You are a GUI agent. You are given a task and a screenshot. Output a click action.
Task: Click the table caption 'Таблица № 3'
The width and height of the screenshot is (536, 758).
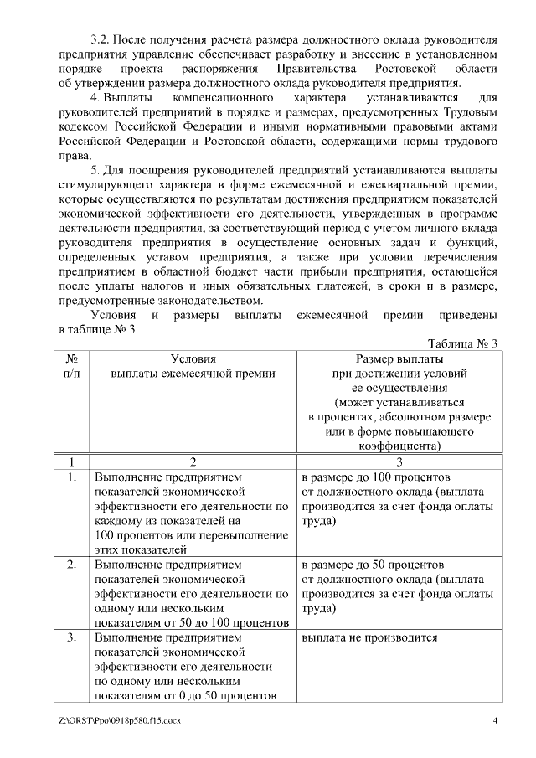[462, 344]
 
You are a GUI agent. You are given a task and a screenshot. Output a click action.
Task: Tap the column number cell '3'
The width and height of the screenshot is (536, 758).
[399, 462]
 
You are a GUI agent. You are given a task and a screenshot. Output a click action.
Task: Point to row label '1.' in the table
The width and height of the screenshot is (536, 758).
[72, 477]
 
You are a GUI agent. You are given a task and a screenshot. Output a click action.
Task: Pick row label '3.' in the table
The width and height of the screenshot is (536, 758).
[72, 637]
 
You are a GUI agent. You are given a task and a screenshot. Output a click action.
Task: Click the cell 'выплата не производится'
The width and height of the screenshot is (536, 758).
[369, 637]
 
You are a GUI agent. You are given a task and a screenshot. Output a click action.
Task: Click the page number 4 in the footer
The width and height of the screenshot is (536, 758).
[495, 721]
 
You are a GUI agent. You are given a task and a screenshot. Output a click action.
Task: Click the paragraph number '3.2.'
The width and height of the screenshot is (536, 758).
[100, 39]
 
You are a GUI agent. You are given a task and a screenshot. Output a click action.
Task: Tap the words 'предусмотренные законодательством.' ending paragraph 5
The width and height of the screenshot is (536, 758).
[162, 300]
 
